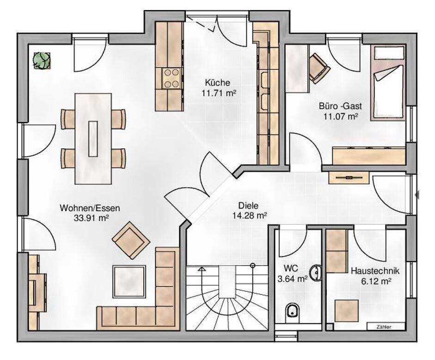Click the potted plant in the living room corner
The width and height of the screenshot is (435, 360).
[x=42, y=60]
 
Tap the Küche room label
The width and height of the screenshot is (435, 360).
[x=217, y=83]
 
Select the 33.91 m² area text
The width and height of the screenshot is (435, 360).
[x=91, y=218]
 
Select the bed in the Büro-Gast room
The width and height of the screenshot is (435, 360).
[x=388, y=83]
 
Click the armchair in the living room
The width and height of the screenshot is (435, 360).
[x=131, y=240]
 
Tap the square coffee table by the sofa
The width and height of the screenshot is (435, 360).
[x=129, y=282]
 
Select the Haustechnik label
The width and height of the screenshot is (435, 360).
[x=375, y=271]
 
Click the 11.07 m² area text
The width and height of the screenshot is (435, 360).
[x=340, y=116]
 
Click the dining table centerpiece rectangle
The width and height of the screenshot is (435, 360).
[x=93, y=139]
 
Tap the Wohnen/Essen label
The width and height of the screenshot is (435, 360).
[x=90, y=208]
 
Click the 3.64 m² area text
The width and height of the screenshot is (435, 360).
[x=293, y=279]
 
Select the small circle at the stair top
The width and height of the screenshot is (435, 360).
[x=252, y=265]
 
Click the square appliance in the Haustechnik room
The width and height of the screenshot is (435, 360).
[x=346, y=311]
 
